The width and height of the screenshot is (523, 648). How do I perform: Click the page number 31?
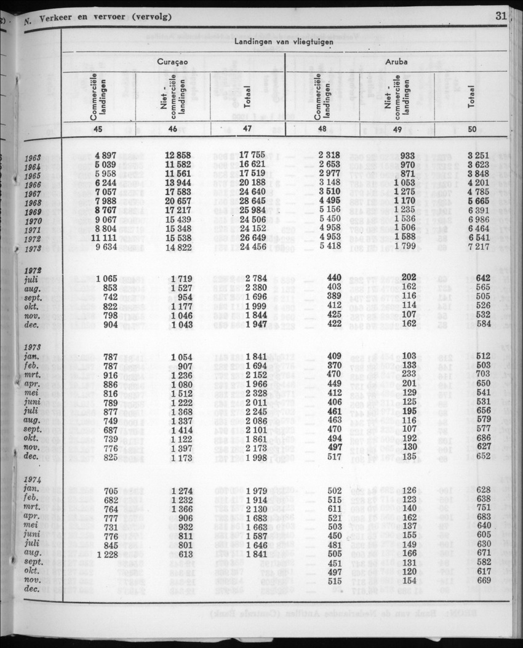click(x=500, y=17)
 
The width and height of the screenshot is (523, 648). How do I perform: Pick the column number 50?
click(x=488, y=129)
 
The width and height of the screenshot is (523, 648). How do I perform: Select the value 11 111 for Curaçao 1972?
click(x=104, y=238)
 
